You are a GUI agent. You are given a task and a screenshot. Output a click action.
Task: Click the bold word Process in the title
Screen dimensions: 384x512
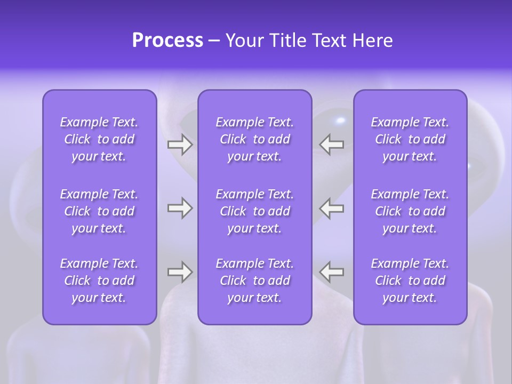pyautogui.click(x=167, y=41)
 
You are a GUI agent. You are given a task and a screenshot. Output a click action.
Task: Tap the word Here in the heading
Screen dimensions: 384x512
pyautogui.click(x=372, y=41)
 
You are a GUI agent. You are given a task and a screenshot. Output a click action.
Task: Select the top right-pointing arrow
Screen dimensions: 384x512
pyautogui.click(x=180, y=145)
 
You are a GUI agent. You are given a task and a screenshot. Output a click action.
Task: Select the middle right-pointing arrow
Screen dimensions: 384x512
pyautogui.click(x=180, y=207)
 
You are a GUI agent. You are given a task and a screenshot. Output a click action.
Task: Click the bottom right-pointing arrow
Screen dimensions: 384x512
pyautogui.click(x=180, y=271)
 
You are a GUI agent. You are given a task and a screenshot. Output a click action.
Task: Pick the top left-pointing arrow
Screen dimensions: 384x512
pyautogui.click(x=332, y=145)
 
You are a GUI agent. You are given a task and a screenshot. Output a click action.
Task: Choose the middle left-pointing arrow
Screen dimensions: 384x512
pyautogui.click(x=332, y=207)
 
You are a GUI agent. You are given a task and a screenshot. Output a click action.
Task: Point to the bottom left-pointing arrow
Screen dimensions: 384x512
pyautogui.click(x=332, y=271)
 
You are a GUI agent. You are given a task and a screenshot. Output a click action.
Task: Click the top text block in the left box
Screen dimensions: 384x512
pyautogui.click(x=99, y=139)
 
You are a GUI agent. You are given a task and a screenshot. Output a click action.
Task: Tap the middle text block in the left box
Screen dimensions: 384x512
pyautogui.click(x=99, y=211)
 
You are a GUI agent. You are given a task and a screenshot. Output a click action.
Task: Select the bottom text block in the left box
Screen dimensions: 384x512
pyautogui.click(x=99, y=281)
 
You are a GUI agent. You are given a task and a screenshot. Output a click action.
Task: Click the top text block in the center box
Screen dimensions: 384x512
pyautogui.click(x=254, y=139)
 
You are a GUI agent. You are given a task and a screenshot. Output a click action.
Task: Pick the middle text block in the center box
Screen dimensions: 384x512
pyautogui.click(x=254, y=211)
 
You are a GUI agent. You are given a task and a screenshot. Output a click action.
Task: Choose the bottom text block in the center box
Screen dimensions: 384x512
pyautogui.click(x=254, y=281)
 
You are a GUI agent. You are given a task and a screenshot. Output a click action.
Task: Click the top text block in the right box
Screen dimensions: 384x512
pyautogui.click(x=410, y=139)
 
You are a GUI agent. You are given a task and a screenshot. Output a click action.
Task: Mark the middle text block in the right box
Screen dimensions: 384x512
pyautogui.click(x=410, y=211)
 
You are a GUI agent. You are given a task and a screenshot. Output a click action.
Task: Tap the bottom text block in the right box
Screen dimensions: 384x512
pyautogui.click(x=410, y=281)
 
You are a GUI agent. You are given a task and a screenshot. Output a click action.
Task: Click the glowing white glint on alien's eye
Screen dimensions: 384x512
pyautogui.click(x=340, y=119)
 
